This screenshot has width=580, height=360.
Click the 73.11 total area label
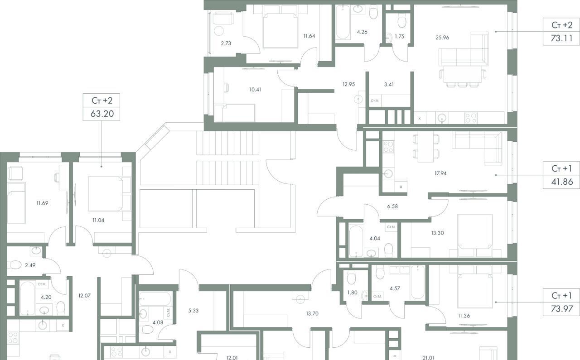click(x=561, y=38)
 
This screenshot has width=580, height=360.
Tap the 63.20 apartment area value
click(x=102, y=114)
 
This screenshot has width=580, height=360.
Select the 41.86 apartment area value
click(x=562, y=182)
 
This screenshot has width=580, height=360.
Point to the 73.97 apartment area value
click(x=561, y=309)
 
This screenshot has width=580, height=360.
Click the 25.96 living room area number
click(x=442, y=38)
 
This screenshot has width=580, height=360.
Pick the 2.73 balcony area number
click(x=226, y=43)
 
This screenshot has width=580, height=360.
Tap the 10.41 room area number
click(x=255, y=90)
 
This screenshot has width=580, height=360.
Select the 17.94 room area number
click(x=440, y=173)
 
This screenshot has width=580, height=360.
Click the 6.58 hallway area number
click(x=392, y=206)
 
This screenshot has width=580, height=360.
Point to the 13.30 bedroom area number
click(x=437, y=233)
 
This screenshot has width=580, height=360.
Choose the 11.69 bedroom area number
click(x=42, y=203)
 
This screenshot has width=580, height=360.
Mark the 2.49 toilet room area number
click(x=30, y=265)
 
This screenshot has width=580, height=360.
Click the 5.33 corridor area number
click(x=193, y=311)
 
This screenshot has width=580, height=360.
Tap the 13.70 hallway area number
click(x=312, y=314)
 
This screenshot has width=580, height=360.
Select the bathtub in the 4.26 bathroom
click(x=343, y=23)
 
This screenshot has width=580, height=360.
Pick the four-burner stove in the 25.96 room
click(x=471, y=118)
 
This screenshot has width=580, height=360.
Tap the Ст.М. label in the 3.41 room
click(x=375, y=101)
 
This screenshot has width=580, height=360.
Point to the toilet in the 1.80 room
click(x=351, y=277)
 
